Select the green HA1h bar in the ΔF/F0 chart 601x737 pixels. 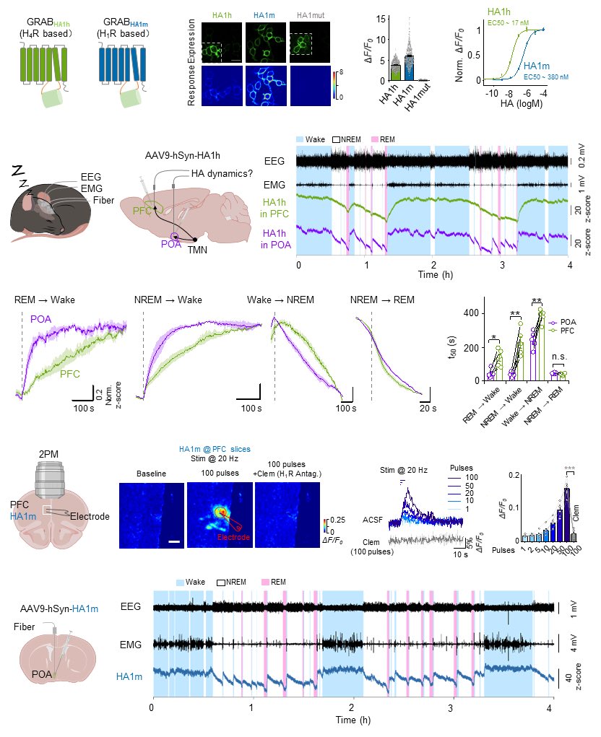click(395, 71)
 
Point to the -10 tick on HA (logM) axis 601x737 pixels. click(492, 94)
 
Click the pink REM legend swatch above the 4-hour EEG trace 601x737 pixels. click(374, 138)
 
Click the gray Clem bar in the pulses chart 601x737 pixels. click(573, 536)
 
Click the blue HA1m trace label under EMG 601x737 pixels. click(130, 676)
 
